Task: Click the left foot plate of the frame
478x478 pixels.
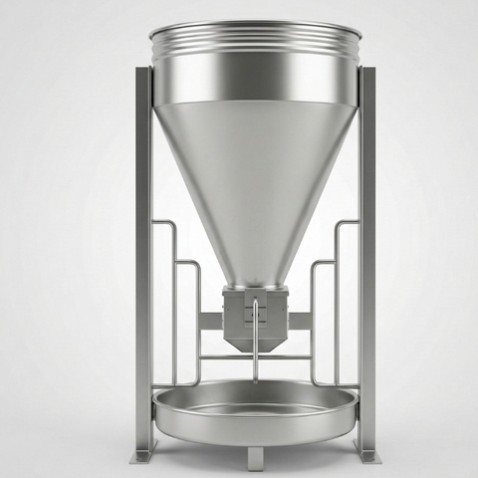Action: tap(146, 454)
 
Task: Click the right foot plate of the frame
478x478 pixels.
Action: tap(366, 454)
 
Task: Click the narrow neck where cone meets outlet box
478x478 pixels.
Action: tap(255, 283)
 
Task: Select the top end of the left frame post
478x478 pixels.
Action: tap(142, 72)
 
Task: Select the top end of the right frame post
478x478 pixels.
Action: tap(367, 72)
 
